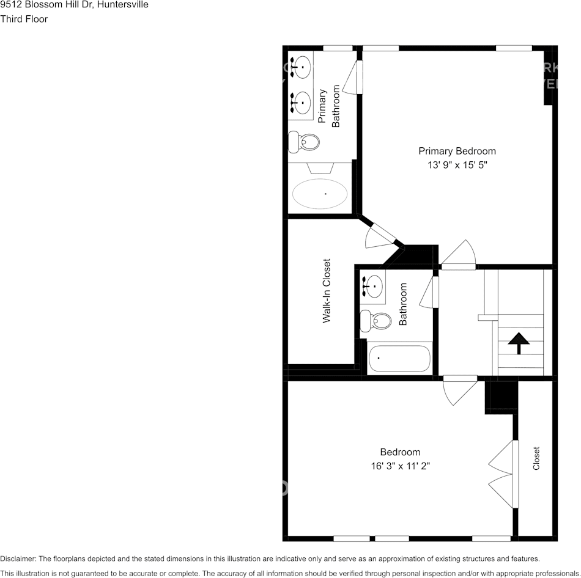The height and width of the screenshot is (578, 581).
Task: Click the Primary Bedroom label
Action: coord(457,151)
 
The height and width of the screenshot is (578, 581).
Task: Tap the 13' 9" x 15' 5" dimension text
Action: coord(457,165)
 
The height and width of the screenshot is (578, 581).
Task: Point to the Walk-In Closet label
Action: coord(327,290)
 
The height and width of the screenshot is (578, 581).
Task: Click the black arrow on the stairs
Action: coord(519,343)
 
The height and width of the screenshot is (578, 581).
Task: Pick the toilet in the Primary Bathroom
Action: coord(305,142)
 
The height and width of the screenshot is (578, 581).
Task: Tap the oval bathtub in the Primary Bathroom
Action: coord(320,194)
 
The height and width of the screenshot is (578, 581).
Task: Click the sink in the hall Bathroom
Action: coord(372,285)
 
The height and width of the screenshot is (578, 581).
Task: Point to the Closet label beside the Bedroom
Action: coord(536,458)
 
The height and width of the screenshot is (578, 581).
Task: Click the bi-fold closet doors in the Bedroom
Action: coord(503,474)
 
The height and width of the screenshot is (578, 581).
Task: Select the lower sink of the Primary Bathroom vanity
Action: coord(302,102)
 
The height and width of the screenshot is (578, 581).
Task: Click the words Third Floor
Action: coord(24,19)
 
